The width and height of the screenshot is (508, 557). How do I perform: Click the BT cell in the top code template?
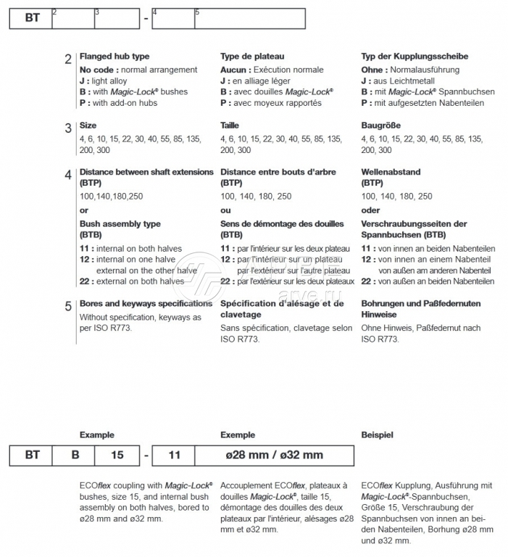(x=31, y=18)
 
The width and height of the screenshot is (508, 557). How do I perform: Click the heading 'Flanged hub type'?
(x=114, y=57)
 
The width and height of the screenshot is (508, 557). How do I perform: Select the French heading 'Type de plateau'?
(x=252, y=57)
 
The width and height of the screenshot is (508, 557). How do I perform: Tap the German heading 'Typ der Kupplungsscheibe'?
(x=415, y=57)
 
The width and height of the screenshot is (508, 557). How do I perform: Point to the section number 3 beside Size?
(x=68, y=128)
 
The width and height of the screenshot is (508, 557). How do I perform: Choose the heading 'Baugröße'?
(x=380, y=125)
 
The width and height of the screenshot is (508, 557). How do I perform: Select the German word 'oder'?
(x=370, y=210)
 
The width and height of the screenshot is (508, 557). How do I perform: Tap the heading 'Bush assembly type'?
(x=120, y=224)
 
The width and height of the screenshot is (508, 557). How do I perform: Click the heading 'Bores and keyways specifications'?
(x=146, y=303)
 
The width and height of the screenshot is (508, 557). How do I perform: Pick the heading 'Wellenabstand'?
(x=391, y=173)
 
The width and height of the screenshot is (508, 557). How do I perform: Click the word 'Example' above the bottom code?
(x=96, y=435)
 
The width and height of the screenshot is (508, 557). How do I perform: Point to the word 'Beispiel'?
(x=378, y=435)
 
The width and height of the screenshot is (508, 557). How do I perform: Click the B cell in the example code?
(x=75, y=455)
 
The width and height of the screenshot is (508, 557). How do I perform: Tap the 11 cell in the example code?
(x=174, y=455)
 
